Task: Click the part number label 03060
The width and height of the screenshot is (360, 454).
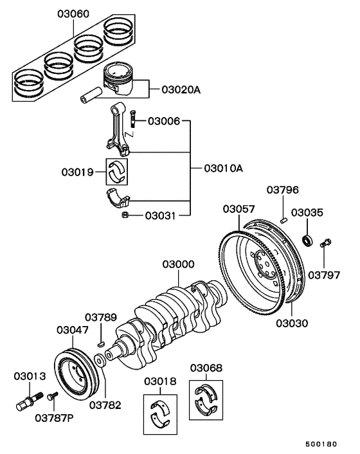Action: [73, 14]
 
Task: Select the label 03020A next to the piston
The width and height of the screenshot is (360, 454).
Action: [179, 89]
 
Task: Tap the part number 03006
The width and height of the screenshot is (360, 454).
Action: [165, 120]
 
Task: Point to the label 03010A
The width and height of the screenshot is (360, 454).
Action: [223, 168]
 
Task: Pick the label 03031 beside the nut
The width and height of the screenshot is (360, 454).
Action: [159, 215]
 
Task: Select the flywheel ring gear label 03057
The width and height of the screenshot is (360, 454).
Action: [239, 209]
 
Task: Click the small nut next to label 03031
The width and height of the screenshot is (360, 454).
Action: [125, 215]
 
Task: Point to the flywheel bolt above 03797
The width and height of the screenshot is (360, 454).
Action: [324, 242]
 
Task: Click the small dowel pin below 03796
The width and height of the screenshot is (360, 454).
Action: [283, 219]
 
